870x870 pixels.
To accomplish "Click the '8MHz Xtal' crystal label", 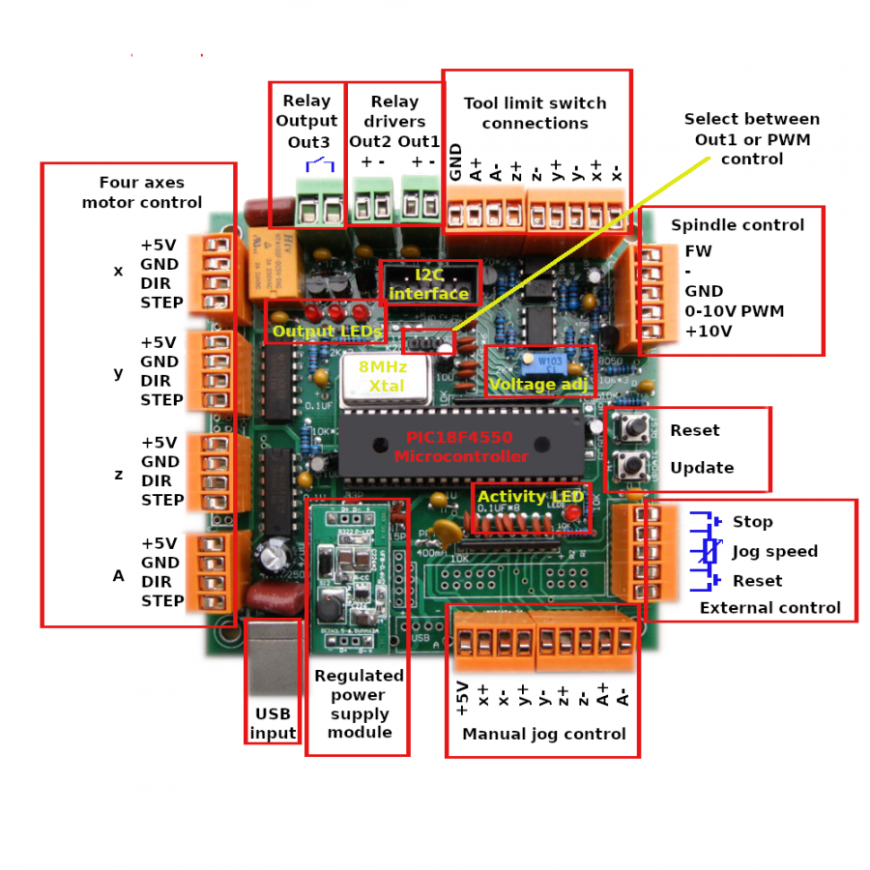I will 383,376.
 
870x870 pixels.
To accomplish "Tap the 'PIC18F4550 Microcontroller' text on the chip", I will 461,447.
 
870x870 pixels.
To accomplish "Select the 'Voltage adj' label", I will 536,385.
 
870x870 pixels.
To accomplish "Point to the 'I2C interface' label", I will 428,283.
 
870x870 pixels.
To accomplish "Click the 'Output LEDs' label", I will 327,332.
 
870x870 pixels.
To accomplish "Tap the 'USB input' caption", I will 273,723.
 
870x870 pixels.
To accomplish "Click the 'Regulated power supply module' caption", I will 359,704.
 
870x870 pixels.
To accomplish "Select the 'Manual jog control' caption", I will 543,734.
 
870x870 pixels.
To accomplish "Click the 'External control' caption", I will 769,608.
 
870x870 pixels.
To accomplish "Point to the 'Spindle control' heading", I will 738,225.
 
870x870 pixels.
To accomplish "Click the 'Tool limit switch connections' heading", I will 535,113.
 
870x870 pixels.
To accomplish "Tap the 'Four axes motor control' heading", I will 141,192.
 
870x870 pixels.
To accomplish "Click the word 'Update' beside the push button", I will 702,468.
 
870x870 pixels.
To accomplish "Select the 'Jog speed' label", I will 774,551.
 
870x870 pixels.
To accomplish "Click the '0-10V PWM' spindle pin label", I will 734,311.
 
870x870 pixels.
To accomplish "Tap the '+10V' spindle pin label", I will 708,331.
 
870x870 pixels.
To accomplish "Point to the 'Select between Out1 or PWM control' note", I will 751,138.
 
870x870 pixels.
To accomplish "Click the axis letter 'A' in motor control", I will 119,576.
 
